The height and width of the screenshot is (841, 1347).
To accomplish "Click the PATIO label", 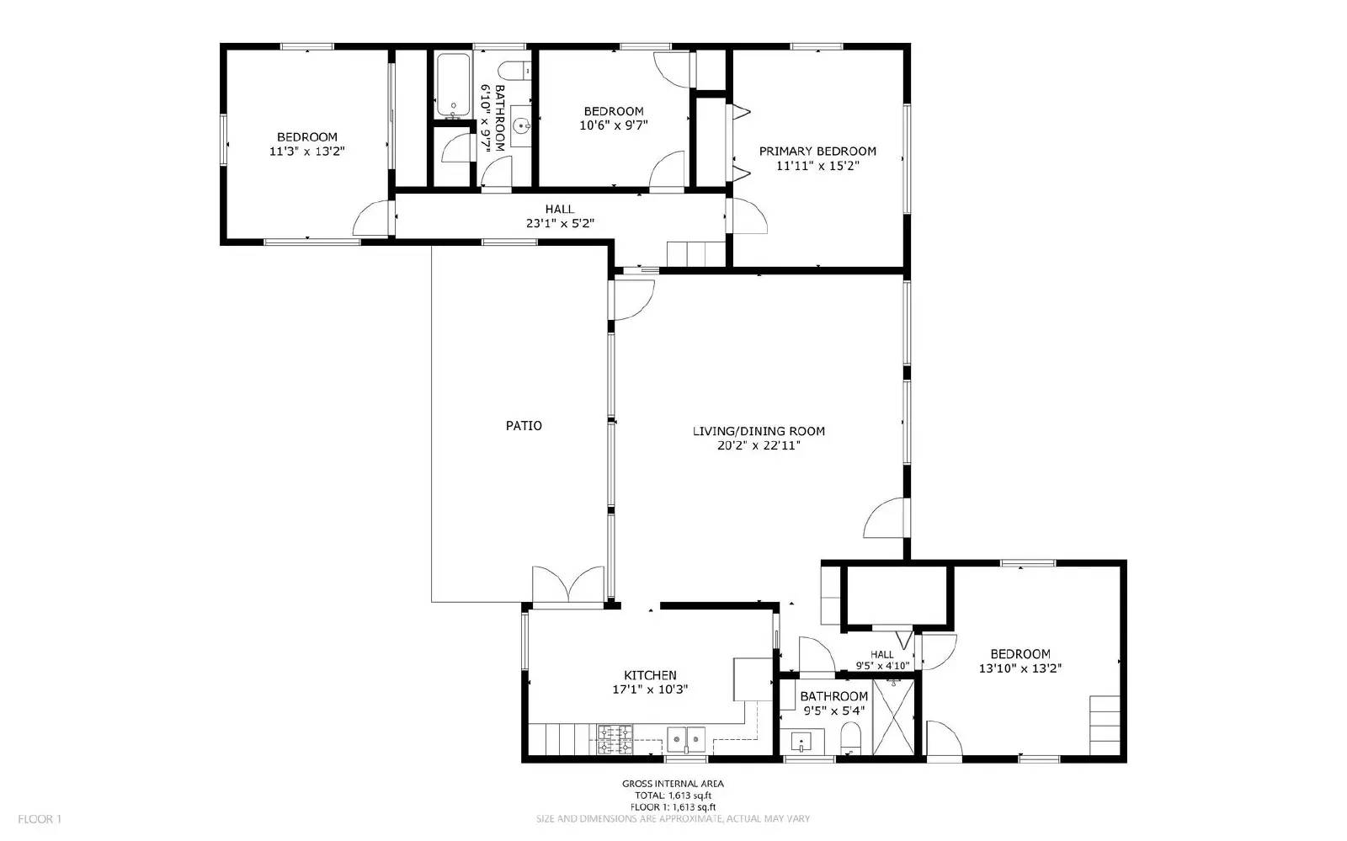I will click(523, 426).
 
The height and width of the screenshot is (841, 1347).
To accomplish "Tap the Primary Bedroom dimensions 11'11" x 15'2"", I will click(817, 166).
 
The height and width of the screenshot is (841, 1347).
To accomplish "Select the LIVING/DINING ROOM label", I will click(758, 431).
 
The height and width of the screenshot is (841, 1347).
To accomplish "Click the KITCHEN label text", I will click(649, 675).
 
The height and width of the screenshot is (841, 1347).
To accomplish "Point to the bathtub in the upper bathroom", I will click(453, 85).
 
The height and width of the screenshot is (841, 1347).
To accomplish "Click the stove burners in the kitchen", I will click(615, 740).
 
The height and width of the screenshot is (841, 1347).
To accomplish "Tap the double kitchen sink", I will click(687, 740).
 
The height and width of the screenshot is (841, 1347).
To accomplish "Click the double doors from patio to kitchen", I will click(568, 587).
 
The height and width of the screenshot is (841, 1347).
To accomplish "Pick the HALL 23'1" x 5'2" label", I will click(559, 216).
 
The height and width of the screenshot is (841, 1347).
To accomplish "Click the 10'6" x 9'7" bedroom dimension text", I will click(614, 125).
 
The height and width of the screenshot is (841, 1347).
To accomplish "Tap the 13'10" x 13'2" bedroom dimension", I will click(1020, 668).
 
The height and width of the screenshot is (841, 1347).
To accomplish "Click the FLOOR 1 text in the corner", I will click(40, 818).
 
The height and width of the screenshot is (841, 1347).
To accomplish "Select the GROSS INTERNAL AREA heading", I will click(673, 784).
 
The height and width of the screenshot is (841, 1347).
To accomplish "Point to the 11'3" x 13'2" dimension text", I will click(307, 152).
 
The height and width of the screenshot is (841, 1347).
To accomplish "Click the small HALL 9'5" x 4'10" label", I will click(881, 660).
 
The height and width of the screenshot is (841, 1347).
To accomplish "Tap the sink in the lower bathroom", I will click(801, 743).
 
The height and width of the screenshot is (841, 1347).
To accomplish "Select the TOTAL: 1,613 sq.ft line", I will click(673, 796).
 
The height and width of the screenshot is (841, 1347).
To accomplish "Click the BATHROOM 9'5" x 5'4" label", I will click(833, 703).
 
